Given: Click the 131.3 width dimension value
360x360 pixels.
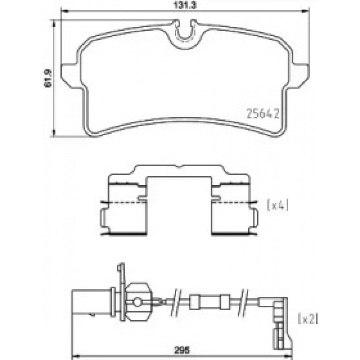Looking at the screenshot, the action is click(185, 5).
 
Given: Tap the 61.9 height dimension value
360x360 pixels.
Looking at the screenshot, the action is click(48, 79).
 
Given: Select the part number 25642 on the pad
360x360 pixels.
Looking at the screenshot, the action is click(263, 114).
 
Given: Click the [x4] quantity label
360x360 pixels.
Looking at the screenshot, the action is click(278, 205).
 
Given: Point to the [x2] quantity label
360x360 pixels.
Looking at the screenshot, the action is click(308, 319).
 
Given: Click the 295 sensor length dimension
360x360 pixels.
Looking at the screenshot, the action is click(182, 350).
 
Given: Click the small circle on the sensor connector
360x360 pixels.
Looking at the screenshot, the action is click(137, 302).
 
